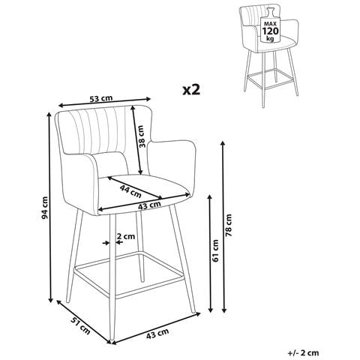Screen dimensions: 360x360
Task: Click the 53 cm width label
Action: (x=101, y=98)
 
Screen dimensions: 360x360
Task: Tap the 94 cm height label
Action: (x=45, y=208)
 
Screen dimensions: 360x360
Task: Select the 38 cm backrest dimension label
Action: (x=142, y=136)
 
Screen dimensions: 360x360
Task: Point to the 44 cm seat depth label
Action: (x=130, y=191)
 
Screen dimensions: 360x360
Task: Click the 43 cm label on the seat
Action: (x=149, y=205)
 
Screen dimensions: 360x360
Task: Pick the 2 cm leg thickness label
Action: (x=126, y=236)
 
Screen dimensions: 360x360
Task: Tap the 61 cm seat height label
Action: (x=215, y=250)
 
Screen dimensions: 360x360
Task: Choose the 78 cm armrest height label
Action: (x=229, y=225)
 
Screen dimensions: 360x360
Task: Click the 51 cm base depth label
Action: (x=80, y=326)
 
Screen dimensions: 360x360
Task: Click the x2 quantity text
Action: (x=191, y=89)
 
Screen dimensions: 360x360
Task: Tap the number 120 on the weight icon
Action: (x=270, y=31)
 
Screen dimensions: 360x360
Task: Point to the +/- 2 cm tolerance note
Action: (x=303, y=352)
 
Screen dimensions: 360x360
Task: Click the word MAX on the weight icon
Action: (x=270, y=24)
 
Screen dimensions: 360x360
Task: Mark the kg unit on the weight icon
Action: (x=270, y=39)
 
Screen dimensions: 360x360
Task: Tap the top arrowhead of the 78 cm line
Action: (x=223, y=143)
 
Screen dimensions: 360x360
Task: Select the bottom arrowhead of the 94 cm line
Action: (x=51, y=300)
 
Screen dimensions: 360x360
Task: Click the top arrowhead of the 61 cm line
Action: (x=210, y=197)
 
